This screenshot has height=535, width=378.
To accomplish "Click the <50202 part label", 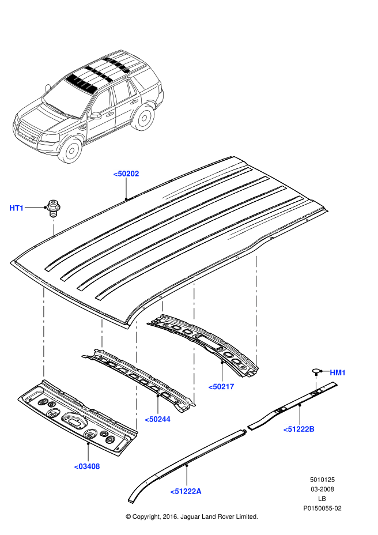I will click(126, 173).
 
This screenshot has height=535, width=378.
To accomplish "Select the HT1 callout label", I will click(17, 208).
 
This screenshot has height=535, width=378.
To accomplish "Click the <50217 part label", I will click(221, 386).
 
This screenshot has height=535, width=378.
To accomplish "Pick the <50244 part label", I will click(157, 419).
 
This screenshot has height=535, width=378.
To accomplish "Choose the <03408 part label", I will click(87, 466).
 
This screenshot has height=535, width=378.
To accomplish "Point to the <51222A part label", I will click(186, 491).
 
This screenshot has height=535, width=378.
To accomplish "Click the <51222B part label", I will click(298, 429).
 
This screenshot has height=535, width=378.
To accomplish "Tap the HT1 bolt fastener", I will click(54, 207).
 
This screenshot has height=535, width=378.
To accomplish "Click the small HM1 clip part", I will click(316, 371).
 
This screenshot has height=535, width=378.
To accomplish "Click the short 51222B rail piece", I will click(294, 404).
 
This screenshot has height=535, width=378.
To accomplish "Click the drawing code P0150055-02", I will click(323, 508).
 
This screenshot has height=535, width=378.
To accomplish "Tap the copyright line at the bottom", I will click(191, 517).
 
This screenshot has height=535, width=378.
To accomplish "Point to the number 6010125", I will click(323, 479).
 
